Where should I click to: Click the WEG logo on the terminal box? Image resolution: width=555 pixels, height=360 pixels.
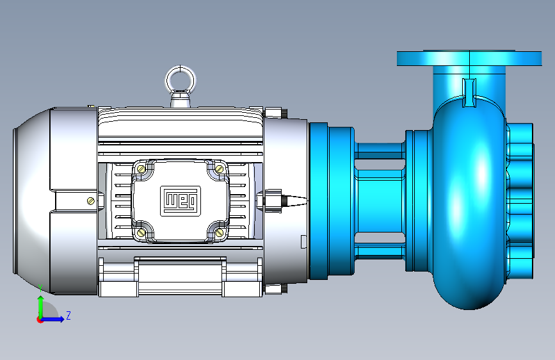coord(181,201)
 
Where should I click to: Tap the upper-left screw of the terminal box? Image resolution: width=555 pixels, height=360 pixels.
coord(141,169)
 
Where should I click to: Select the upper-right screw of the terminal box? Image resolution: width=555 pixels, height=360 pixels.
coord(220,169)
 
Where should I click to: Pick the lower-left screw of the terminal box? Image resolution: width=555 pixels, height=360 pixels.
coord(141,233)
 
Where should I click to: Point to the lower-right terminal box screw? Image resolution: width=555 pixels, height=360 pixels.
coord(220,233)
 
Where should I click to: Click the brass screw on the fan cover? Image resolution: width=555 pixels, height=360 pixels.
coord(91,201)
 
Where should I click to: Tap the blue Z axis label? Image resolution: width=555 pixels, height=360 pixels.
coord(68,315)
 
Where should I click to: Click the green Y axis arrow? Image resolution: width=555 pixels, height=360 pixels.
coord(40,306)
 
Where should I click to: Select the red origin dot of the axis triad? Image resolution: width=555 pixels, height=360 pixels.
coord(40,320)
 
